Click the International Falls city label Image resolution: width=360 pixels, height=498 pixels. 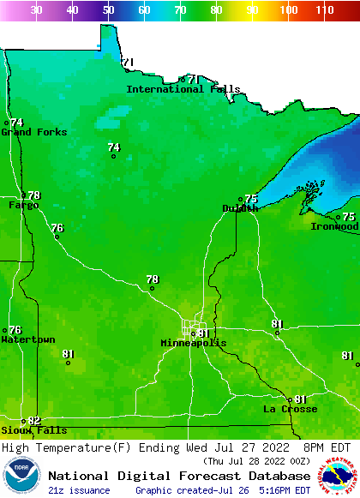coord(183,89)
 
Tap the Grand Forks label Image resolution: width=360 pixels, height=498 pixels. coord(33,132)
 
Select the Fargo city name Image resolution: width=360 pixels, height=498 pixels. coord(23,206)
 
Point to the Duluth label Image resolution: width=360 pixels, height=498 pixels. coord(240,208)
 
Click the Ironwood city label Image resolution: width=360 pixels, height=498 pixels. coord(334,227)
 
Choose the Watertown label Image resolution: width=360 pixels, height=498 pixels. coord(27,340)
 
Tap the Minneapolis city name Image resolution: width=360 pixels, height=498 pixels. coord(194,343)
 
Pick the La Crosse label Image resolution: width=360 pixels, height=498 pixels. coord(290,410)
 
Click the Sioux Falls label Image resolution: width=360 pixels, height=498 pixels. coord(33,430)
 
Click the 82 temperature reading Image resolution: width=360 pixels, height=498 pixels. coord(34,420)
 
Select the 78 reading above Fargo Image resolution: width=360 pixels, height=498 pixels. coord(34,195)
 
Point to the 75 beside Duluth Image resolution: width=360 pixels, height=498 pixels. coord(251,199)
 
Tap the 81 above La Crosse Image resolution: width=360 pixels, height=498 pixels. coord(300,399)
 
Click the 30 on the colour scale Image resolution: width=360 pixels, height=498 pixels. coord(37,10)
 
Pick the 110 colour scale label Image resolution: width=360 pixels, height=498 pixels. coord(324,10)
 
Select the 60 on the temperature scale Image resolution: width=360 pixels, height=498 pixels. coord(144,10)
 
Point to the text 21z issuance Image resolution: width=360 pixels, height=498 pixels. coord(79,490)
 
